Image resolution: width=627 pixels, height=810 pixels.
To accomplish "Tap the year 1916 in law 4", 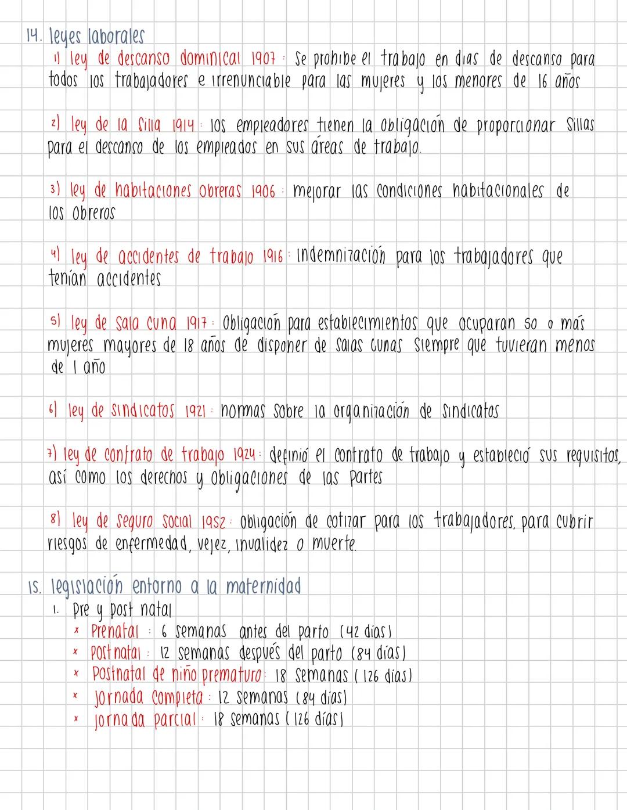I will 275,257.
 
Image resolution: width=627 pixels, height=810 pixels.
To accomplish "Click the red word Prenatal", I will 115,631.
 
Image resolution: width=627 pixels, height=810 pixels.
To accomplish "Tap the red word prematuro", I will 230,675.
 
